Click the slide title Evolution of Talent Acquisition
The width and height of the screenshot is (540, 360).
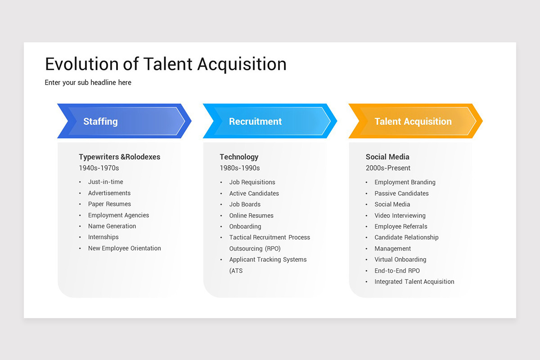click(x=166, y=64)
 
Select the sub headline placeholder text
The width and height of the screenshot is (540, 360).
click(x=88, y=83)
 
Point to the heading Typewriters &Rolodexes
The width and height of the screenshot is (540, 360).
click(x=119, y=157)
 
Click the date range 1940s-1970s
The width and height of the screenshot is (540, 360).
click(x=99, y=168)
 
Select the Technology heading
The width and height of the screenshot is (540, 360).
click(x=239, y=157)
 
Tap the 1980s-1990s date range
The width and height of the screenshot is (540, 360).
click(x=239, y=168)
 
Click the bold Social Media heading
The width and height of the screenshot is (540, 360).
click(x=387, y=157)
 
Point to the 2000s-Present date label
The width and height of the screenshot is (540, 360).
click(x=388, y=168)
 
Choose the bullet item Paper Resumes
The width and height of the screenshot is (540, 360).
click(x=109, y=204)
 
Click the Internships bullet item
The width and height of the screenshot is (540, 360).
click(x=103, y=237)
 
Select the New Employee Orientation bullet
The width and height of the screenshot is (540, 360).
click(x=124, y=248)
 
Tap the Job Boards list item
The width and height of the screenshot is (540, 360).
click(x=245, y=204)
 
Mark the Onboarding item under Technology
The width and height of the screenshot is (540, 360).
click(x=245, y=226)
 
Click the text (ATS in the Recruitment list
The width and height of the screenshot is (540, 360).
click(x=236, y=270)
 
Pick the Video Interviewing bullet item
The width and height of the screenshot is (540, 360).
click(x=400, y=216)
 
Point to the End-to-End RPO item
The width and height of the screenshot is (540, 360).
click(x=397, y=270)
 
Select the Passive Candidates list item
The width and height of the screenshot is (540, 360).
click(x=401, y=193)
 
